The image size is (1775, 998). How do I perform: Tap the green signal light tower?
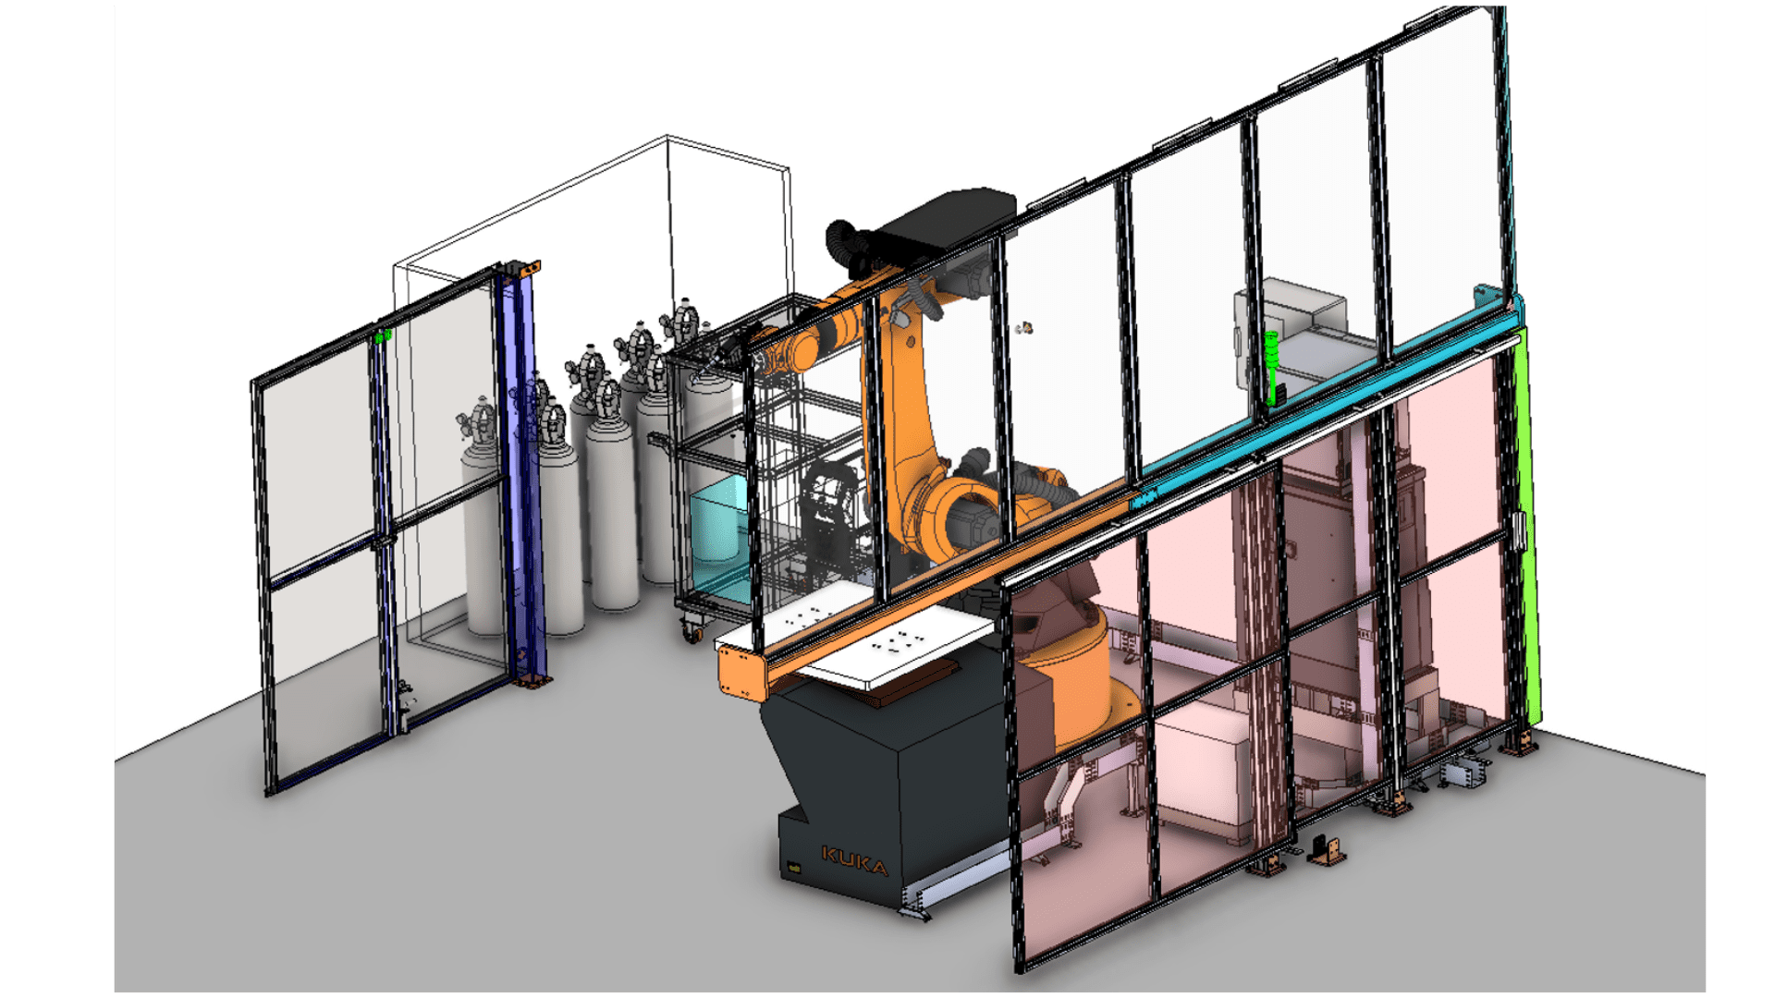click(1273, 368)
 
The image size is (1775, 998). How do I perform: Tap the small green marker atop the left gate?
click(384, 335)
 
